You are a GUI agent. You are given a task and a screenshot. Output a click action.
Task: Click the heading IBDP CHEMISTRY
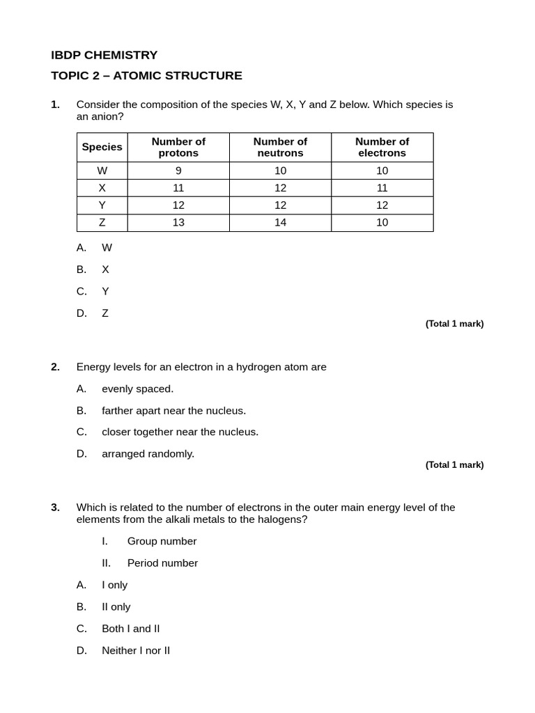[104, 55]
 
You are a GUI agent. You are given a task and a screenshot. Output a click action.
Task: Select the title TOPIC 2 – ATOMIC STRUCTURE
[146, 76]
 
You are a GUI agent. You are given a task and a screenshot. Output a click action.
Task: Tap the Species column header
[102, 147]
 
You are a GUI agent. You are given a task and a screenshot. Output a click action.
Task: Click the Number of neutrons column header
[280, 147]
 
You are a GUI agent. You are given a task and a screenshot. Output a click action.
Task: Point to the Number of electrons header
[382, 147]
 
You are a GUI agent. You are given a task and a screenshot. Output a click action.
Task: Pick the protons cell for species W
[178, 171]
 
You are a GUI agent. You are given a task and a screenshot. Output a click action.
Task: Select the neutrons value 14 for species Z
[280, 223]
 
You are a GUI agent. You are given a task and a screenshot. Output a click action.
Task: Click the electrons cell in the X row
[382, 188]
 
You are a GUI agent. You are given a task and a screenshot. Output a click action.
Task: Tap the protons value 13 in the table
[178, 223]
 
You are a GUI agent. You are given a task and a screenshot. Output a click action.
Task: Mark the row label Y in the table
[102, 205]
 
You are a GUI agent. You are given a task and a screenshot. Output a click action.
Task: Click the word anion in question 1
[98, 116]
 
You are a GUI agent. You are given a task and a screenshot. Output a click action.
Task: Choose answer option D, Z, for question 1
[104, 313]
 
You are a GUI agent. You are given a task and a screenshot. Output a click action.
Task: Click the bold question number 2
[55, 367]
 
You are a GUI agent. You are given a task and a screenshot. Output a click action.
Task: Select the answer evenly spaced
[137, 389]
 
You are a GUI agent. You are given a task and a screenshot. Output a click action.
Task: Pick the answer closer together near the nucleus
[180, 432]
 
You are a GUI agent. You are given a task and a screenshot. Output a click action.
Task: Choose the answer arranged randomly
[148, 454]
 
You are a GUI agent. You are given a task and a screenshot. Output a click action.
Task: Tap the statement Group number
[162, 541]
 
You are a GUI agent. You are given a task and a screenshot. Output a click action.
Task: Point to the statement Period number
[162, 563]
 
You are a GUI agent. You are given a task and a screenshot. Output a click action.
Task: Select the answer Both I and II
[130, 629]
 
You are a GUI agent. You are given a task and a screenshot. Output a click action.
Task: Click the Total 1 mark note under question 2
[454, 465]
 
